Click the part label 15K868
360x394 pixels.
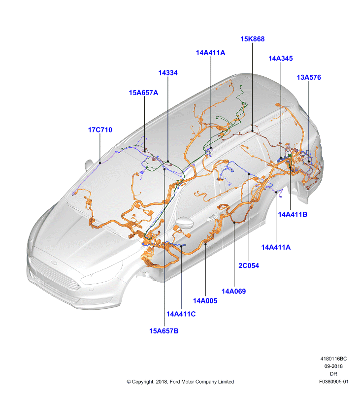click(252, 39)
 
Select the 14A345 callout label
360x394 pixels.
click(280, 58)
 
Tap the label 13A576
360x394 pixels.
click(309, 77)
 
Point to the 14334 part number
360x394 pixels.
click(168, 73)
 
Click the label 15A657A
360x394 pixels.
click(143, 93)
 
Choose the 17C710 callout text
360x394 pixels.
click(100, 130)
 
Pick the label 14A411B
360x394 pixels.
click(293, 214)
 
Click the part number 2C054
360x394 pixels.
click(249, 265)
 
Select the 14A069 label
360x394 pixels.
click(233, 291)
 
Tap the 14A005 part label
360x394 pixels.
click(205, 301)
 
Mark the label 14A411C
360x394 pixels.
click(181, 314)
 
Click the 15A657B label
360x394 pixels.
click(164, 331)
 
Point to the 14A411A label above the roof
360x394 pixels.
click(210, 53)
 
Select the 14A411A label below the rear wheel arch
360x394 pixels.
click(276, 247)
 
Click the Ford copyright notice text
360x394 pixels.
click(180, 382)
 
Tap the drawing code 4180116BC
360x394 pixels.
click(333, 359)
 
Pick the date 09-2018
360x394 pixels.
click(333, 366)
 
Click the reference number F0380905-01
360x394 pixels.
click(333, 382)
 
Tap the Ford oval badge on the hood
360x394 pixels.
click(53, 263)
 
